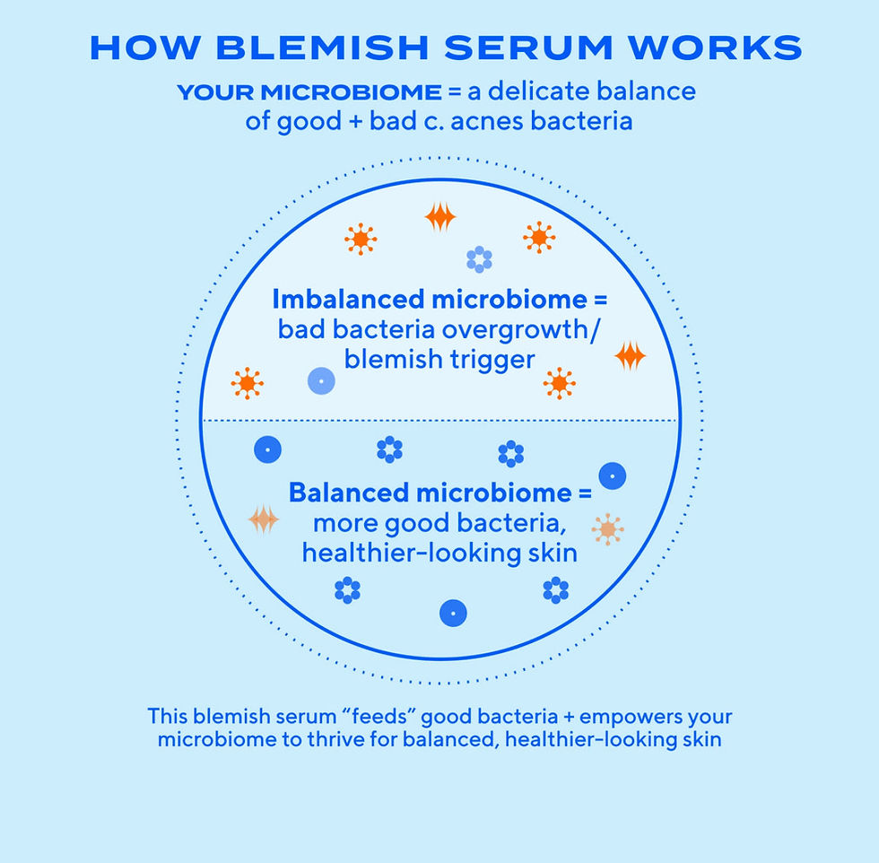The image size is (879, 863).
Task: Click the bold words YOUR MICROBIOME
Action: tap(309, 92)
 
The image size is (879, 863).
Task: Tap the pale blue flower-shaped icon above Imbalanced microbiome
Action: tap(479, 259)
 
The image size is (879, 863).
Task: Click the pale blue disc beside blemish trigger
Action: tap(320, 381)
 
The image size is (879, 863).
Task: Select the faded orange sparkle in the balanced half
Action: tap(264, 519)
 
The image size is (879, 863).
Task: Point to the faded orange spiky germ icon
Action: tap(607, 529)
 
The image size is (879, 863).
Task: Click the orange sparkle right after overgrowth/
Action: tap(630, 356)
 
